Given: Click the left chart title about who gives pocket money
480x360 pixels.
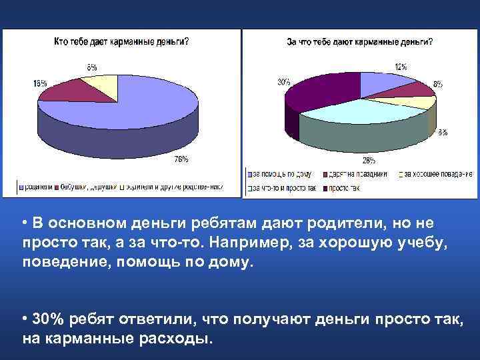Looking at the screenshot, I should (121, 41).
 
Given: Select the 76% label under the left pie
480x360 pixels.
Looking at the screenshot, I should (181, 159).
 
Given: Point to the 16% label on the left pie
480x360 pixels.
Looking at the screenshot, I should (40, 84).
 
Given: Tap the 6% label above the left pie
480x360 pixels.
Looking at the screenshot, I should (91, 67).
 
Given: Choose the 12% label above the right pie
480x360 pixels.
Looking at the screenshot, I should (401, 67).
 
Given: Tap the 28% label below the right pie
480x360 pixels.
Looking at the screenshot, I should (367, 160).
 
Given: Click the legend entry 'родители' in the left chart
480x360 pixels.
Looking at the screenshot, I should (40, 186).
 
